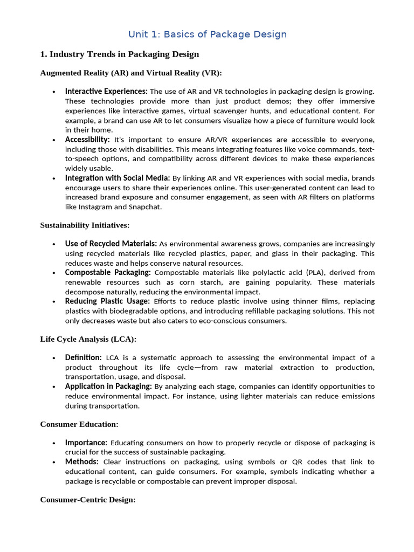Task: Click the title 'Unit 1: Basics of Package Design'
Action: tap(207, 34)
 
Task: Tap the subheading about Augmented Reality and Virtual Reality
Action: tap(131, 73)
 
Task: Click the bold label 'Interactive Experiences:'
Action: tap(106, 91)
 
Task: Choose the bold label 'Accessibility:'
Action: tap(87, 139)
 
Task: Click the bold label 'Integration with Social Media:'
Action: tap(118, 178)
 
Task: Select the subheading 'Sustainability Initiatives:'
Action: tap(85, 225)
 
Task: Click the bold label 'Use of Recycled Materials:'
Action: tap(111, 244)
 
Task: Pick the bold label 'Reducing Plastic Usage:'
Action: tap(107, 301)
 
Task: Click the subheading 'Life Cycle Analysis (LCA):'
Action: tap(88, 339)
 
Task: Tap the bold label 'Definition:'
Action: tap(83, 357)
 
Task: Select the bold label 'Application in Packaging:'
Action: tap(108, 387)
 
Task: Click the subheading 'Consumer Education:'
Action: tap(79, 424)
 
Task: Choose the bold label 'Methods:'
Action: tap(81, 462)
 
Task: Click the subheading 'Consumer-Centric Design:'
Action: tap(88, 500)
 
